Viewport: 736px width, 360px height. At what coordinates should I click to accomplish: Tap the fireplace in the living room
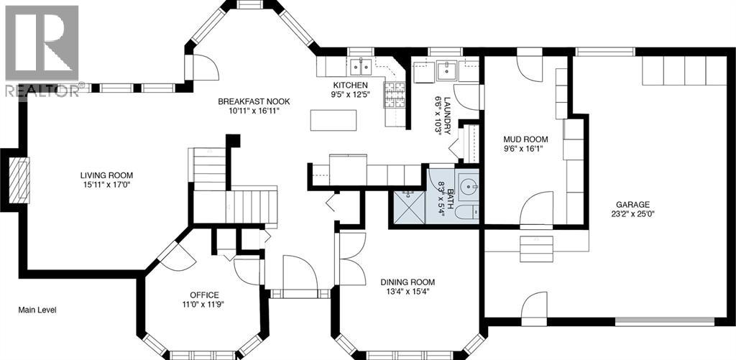tap(19, 180)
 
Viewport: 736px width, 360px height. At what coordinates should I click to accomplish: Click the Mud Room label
tap(525, 139)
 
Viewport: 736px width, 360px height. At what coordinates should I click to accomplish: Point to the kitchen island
tap(333, 120)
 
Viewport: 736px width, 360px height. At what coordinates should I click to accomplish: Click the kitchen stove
tap(395, 95)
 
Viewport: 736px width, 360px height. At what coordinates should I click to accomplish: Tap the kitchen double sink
tap(362, 67)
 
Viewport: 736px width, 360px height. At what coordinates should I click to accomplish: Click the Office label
tap(204, 295)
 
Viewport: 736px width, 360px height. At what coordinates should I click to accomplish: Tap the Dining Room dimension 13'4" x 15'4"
tap(408, 291)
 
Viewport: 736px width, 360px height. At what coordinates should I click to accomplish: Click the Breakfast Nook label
tap(254, 101)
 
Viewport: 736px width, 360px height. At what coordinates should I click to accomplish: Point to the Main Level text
tap(37, 310)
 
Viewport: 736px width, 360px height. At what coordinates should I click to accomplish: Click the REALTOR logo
tap(42, 50)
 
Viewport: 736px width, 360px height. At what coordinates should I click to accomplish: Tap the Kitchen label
tap(350, 86)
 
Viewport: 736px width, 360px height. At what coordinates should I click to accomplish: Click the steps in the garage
tap(536, 249)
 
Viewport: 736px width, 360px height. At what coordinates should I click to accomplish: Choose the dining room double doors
tap(351, 259)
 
